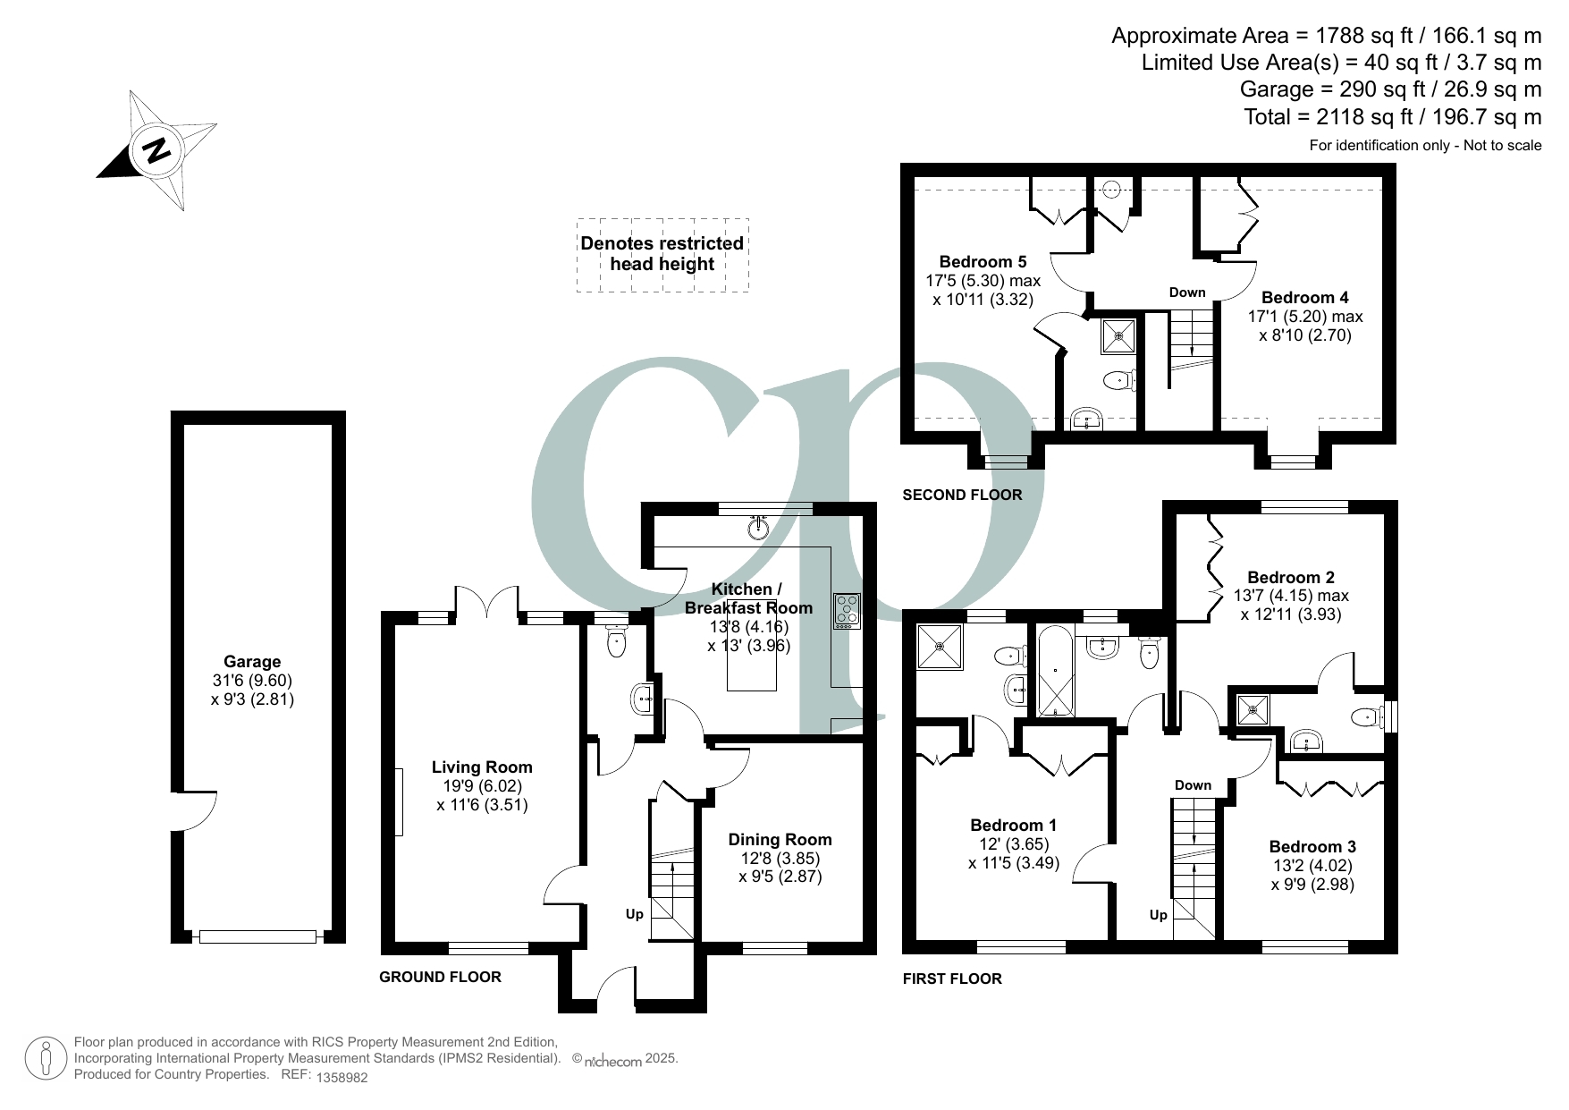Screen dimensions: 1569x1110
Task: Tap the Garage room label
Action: coord(252,662)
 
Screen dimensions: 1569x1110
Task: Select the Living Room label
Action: coord(482,767)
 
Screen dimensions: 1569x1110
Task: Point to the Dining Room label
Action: coord(780,840)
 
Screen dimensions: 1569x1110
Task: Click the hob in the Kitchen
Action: coord(846,609)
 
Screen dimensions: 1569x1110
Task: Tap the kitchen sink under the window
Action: coord(759,528)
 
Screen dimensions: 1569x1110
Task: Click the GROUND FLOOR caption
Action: coord(440,977)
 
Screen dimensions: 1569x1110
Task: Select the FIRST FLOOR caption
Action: coord(952,979)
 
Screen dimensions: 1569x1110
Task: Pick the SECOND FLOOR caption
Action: coord(962,495)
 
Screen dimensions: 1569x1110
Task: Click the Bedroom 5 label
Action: coord(983,262)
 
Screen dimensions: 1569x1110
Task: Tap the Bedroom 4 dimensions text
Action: coord(1305,326)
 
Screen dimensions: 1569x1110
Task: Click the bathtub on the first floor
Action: coord(1056,671)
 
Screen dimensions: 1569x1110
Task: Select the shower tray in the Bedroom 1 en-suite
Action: coord(941,646)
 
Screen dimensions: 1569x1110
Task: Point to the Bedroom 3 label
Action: coord(1312,847)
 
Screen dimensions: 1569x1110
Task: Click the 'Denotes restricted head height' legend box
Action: coord(662,255)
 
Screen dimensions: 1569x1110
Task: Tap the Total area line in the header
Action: coord(1393,116)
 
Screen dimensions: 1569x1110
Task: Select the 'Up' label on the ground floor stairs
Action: coord(634,914)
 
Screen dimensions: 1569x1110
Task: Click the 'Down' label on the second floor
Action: coord(1187,292)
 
